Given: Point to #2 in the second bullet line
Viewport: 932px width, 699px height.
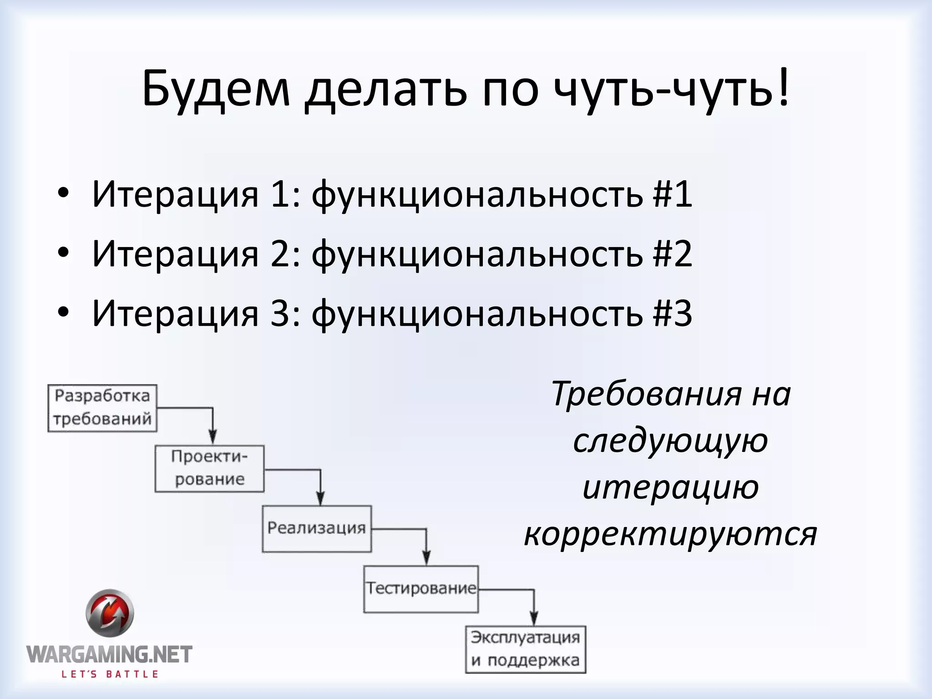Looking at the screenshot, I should pos(672,254).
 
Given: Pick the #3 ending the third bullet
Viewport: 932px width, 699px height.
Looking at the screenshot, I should pos(672,313).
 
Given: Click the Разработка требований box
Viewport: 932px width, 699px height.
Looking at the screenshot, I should pos(102,408).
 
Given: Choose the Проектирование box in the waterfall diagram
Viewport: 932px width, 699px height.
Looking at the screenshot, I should pos(209,469).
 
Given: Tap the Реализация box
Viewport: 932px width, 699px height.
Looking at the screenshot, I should pos(317,529).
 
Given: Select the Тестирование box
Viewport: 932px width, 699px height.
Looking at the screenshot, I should pos(421,589).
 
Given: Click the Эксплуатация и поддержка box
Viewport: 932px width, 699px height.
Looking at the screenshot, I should pos(525,649).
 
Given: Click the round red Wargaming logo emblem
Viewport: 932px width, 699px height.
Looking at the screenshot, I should pos(110,613).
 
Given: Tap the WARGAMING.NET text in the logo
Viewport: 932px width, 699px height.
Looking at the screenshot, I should pos(109,655).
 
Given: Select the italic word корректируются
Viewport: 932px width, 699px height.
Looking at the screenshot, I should pos(670,533).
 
